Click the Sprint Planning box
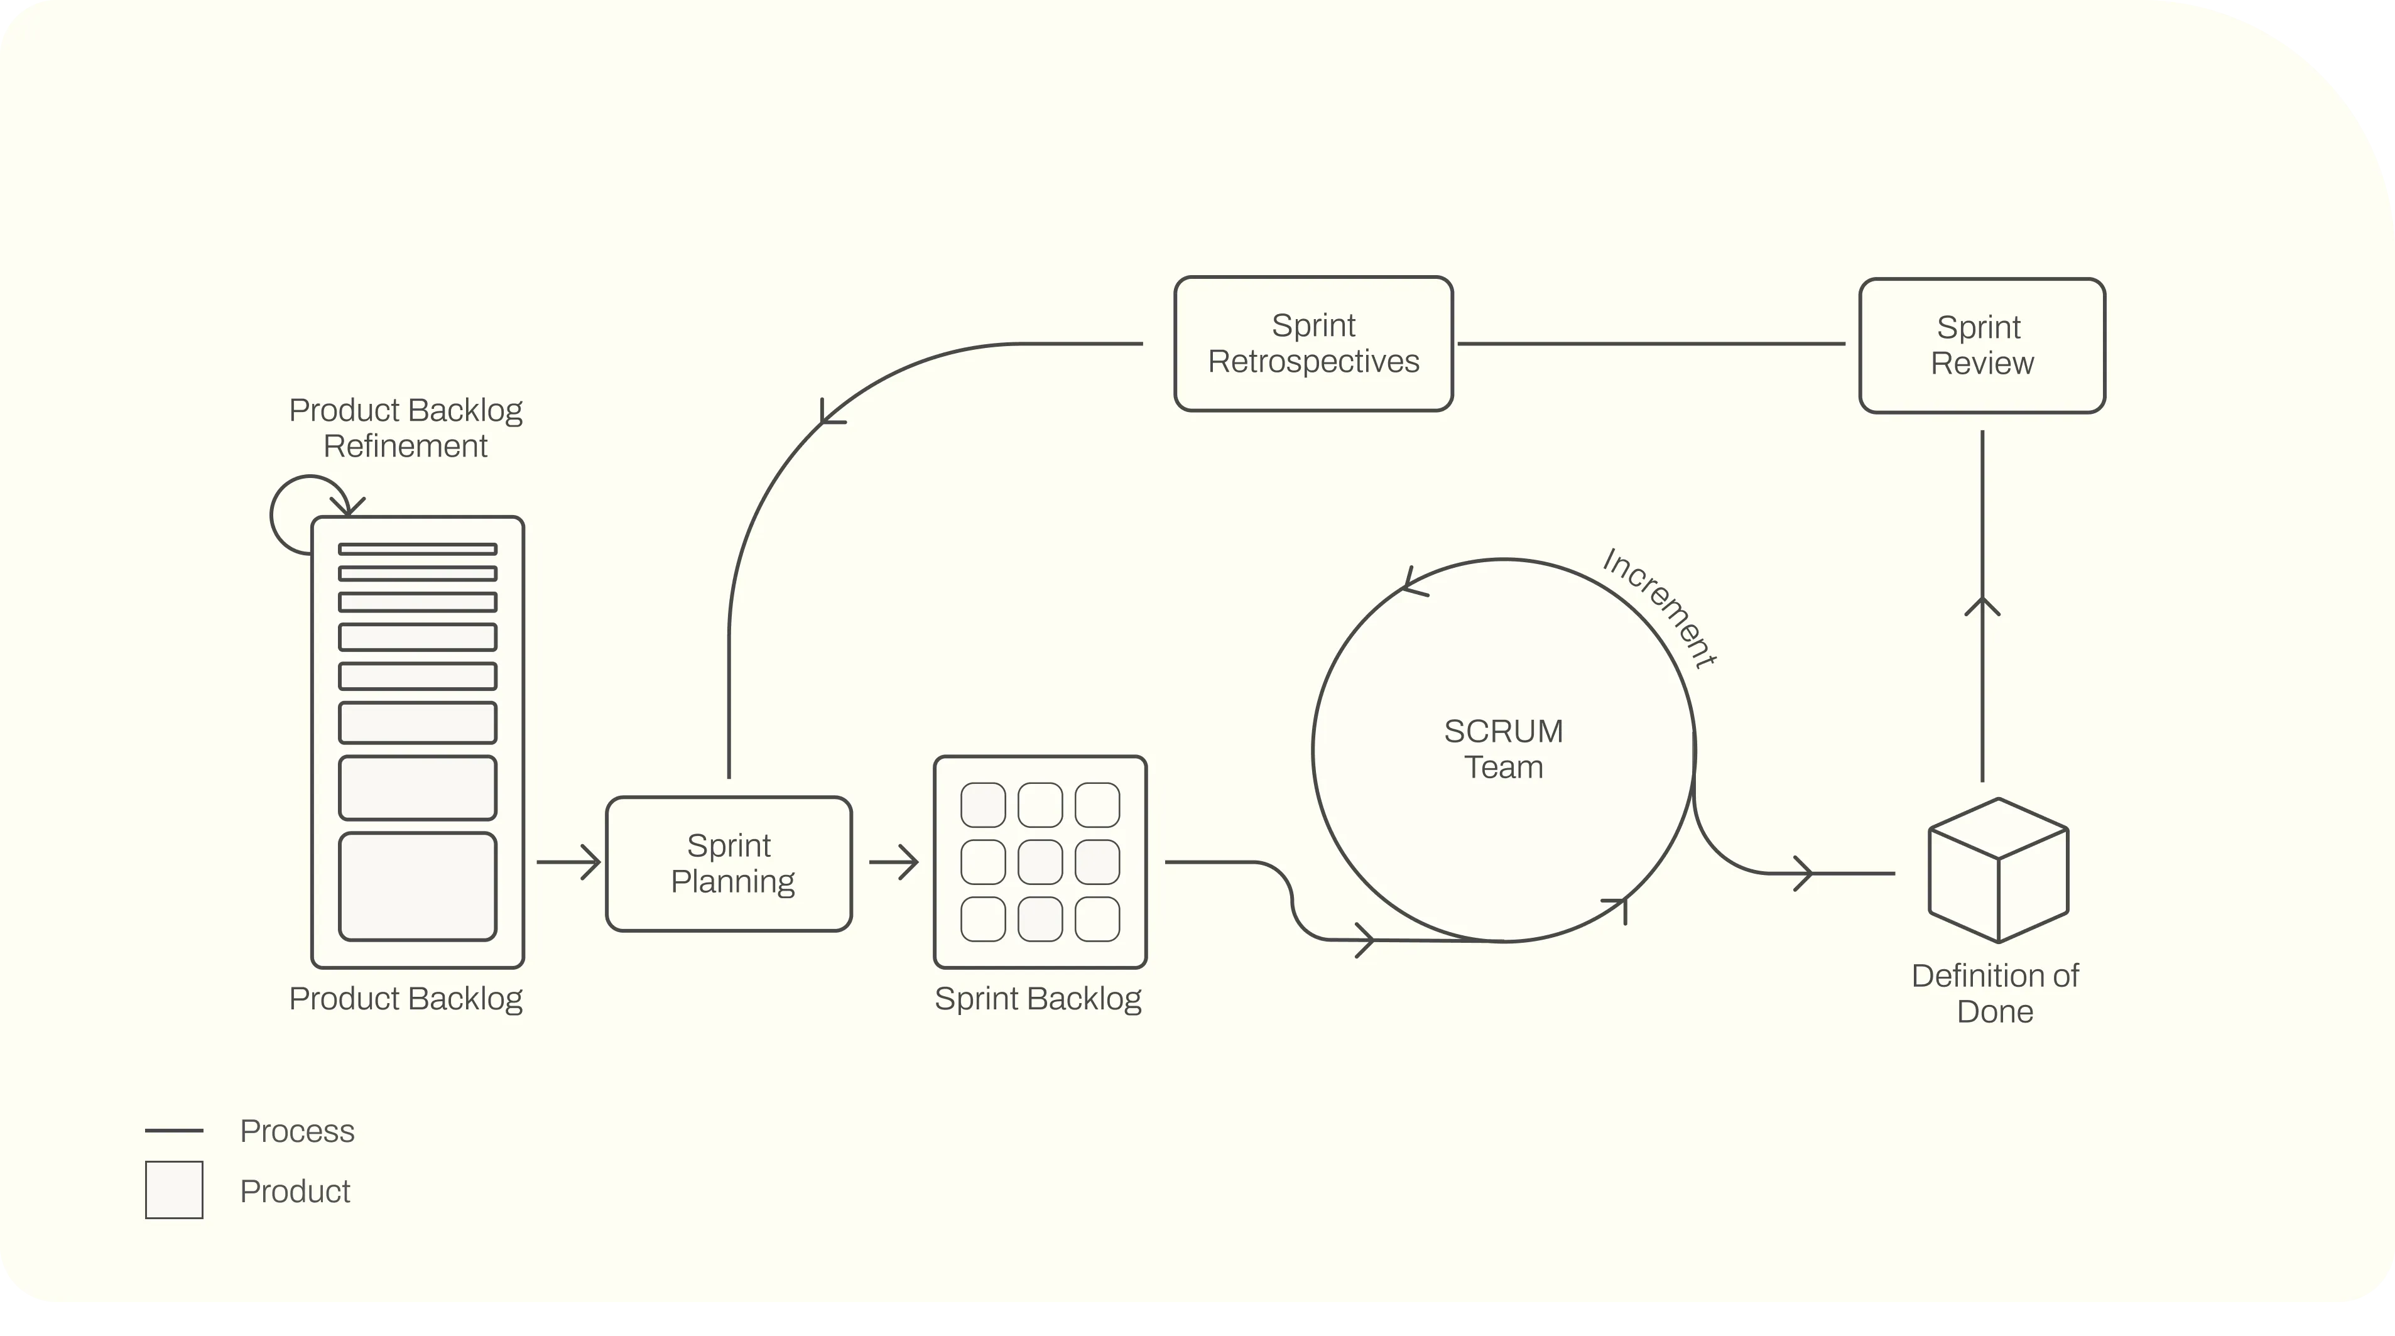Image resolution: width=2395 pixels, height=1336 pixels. (729, 864)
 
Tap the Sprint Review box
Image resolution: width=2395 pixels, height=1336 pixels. (1982, 345)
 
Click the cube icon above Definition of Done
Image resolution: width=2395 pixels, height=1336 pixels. (1998, 870)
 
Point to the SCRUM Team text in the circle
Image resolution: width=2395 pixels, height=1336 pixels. (1503, 749)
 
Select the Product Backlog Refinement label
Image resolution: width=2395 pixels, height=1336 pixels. (405, 428)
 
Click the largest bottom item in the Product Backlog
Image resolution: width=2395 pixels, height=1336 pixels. (418, 886)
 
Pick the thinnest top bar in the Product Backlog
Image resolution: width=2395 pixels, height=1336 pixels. (418, 548)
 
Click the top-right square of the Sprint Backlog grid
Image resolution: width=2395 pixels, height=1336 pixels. (1097, 805)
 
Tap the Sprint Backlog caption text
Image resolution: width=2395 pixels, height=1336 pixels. (1038, 999)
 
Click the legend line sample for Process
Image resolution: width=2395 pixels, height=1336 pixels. (174, 1131)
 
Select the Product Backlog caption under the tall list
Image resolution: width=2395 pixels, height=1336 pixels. (405, 999)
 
